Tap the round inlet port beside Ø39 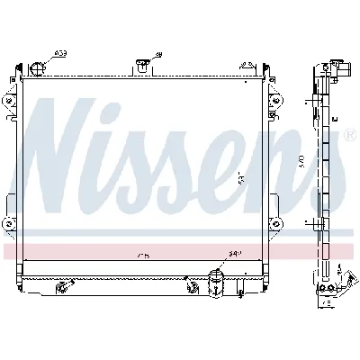(x=39, y=69)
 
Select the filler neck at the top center (x=141, y=65)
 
